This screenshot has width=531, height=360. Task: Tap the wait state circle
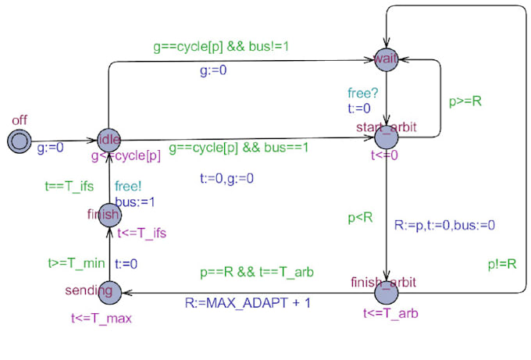pos(387,59)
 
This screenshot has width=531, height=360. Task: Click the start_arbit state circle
pos(387,136)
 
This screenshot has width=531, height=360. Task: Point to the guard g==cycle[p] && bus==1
pos(239,148)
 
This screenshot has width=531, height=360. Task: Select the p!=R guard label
pos(501,264)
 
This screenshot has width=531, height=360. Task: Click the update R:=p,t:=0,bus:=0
pos(444,226)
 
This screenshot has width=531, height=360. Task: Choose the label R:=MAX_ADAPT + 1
pos(248,302)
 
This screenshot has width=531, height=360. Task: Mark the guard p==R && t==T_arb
pos(258,273)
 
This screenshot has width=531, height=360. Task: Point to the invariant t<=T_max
pos(102,319)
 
